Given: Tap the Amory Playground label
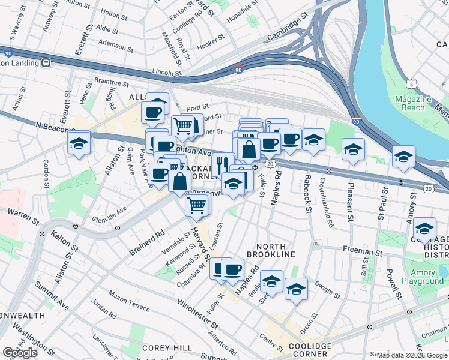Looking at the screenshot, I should [x=423, y=277].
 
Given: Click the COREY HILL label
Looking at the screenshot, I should [x=167, y=348].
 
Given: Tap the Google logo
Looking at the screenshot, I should [x=20, y=353].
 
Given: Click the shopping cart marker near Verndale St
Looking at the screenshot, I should [x=197, y=205].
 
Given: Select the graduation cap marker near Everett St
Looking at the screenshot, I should [x=79, y=143].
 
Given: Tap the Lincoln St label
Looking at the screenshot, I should [x=166, y=72].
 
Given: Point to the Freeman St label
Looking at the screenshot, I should [x=363, y=251].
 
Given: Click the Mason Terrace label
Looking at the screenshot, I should [x=129, y=302].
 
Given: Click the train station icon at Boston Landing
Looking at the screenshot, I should [x=46, y=62].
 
